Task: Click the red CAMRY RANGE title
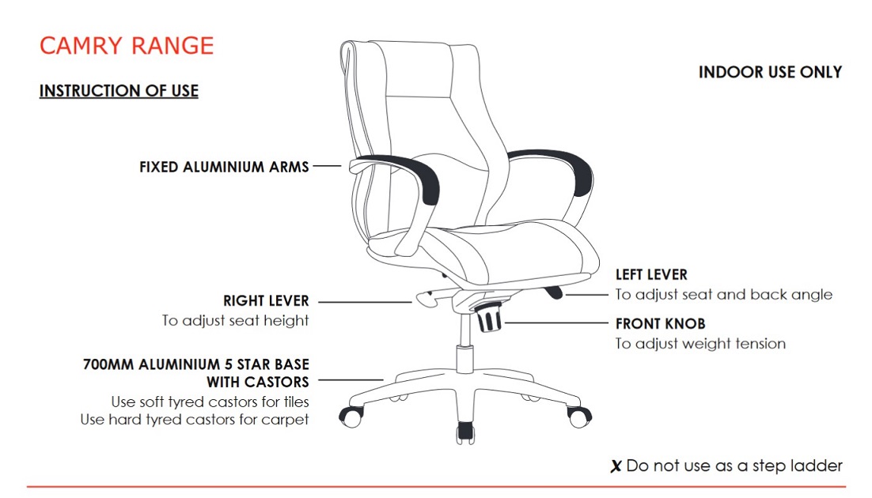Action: point(127,46)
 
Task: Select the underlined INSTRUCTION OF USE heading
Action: point(119,91)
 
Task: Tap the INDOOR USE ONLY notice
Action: point(770,72)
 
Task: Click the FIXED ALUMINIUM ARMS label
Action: point(224,167)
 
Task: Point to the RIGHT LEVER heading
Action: point(266,300)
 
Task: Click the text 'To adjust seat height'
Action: point(235,321)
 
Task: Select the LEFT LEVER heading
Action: point(651,274)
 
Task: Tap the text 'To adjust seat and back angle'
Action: point(723,295)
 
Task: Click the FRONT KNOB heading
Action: point(660,323)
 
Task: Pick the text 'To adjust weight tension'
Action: point(700,344)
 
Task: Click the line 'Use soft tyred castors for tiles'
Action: point(210,402)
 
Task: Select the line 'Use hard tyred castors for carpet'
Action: point(194,420)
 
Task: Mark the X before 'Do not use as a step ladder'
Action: point(616,466)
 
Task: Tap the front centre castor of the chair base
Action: point(465,432)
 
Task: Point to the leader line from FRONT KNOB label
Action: point(557,323)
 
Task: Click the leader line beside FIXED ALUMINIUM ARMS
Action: point(327,166)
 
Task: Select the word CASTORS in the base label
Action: point(276,383)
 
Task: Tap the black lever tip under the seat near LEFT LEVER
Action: point(554,292)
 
